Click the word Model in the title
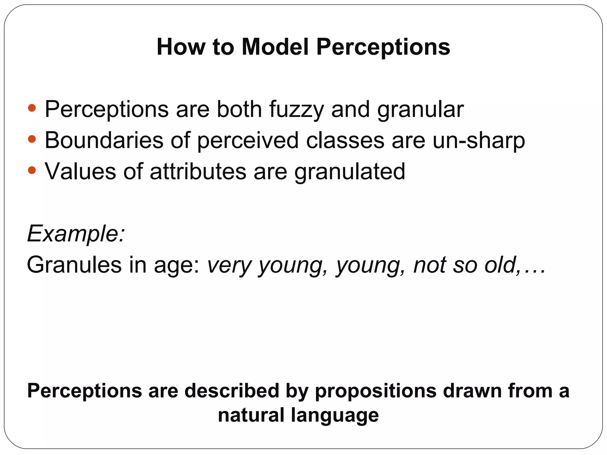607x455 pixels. pyautogui.click(x=275, y=47)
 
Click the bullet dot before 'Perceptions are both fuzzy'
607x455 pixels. pyautogui.click(x=32, y=108)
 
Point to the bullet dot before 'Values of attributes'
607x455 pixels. pyautogui.click(x=32, y=170)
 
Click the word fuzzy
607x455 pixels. pyautogui.click(x=297, y=110)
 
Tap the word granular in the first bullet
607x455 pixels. pyautogui.click(x=420, y=110)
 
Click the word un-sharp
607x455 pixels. pyautogui.click(x=479, y=140)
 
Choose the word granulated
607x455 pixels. pyautogui.click(x=350, y=172)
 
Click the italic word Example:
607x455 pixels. pyautogui.click(x=76, y=234)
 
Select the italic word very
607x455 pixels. pyautogui.click(x=229, y=265)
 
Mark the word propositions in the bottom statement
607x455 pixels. pyautogui.click(x=376, y=391)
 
